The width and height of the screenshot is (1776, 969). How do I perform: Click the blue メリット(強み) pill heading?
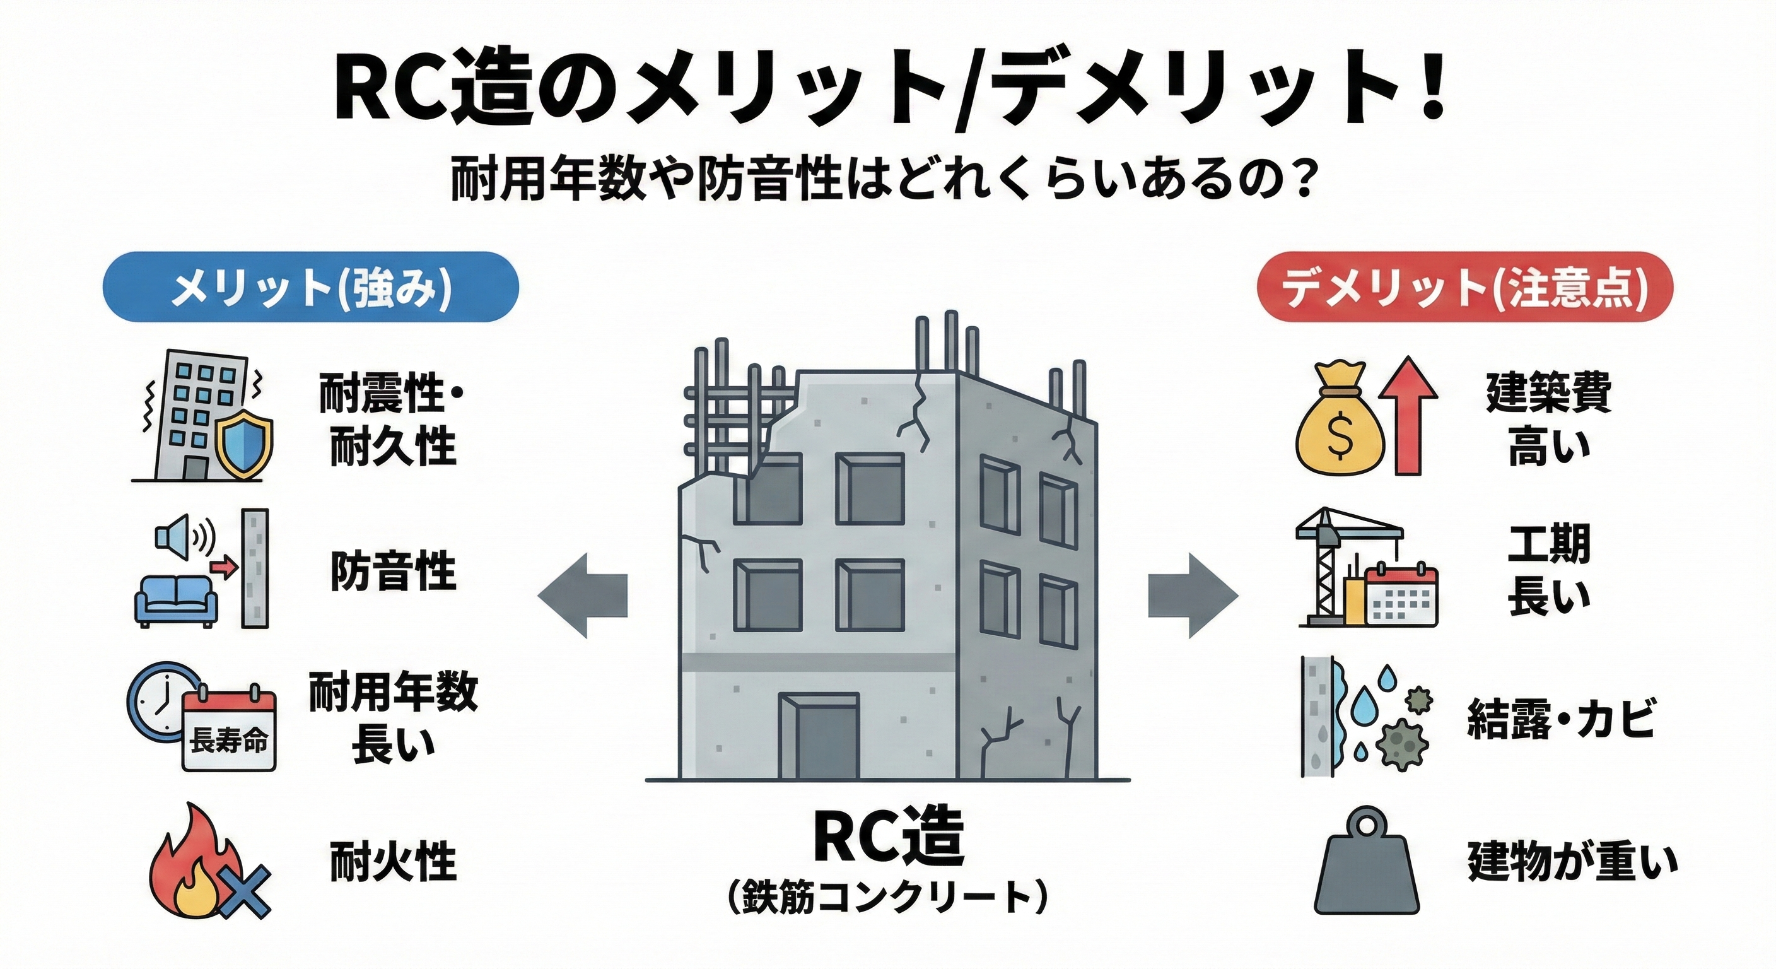(x=310, y=287)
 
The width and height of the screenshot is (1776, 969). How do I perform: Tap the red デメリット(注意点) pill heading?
(x=1464, y=287)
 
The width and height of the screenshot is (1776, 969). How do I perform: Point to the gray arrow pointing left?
(x=583, y=594)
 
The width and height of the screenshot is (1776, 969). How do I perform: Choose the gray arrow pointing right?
(x=1193, y=594)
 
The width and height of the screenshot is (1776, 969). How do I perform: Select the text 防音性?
(x=393, y=572)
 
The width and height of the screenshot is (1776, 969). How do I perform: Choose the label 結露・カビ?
(x=1560, y=717)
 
